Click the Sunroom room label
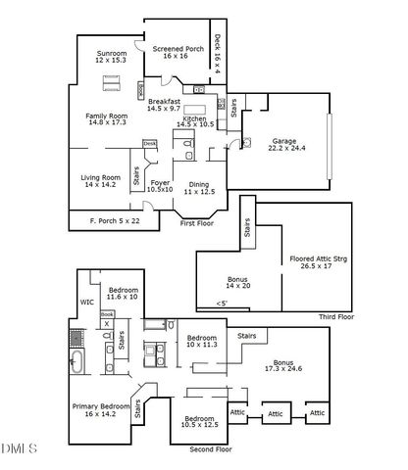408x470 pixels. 111,57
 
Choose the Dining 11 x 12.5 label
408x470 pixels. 198,187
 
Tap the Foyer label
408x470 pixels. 160,185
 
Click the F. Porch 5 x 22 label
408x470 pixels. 113,220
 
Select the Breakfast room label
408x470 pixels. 166,104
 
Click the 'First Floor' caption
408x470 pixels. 197,224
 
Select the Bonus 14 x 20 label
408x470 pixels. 238,280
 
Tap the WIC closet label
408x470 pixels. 86,304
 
